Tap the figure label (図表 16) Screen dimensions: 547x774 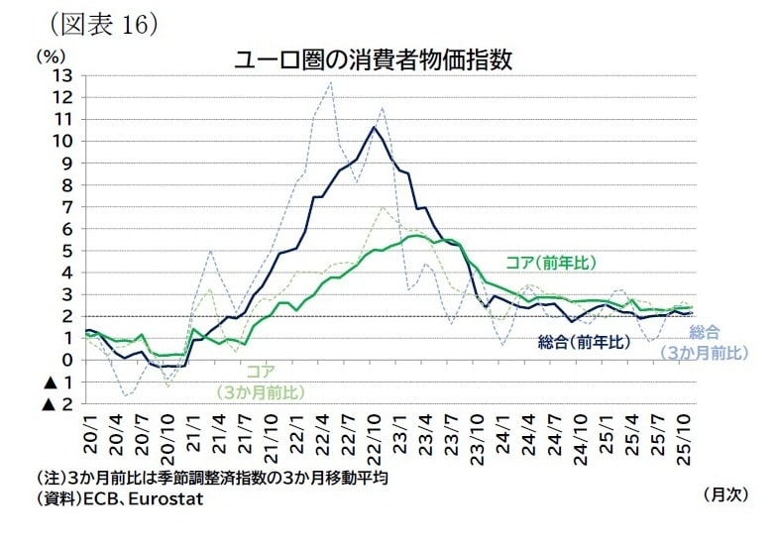[97, 24]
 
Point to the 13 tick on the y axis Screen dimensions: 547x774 [62, 75]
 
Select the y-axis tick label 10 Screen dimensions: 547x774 [62, 141]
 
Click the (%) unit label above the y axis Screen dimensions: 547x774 [52, 56]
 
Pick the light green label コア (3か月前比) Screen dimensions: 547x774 [260, 382]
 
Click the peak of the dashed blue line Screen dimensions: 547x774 [329, 83]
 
